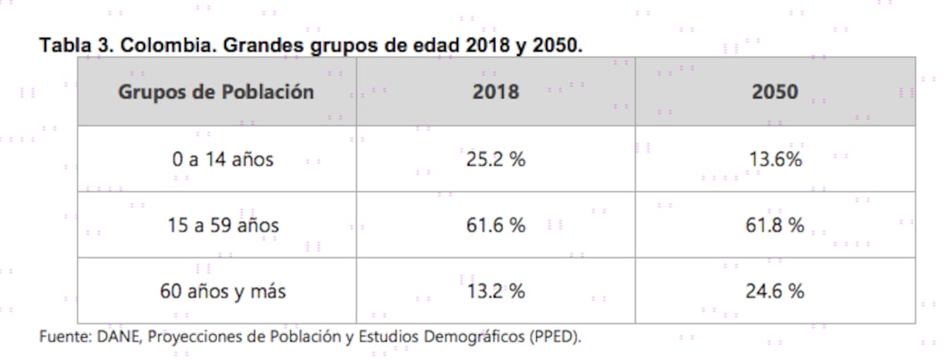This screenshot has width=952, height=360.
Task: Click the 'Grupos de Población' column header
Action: coord(216,92)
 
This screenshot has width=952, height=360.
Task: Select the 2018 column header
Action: coord(495,92)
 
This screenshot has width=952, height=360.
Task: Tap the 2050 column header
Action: coord(774,92)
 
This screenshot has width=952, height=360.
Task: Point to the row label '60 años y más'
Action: coord(222,292)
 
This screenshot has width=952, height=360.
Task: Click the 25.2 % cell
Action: coord(495,159)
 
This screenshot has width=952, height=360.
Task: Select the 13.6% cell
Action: coord(774,159)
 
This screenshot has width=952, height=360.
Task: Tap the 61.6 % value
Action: coord(495,225)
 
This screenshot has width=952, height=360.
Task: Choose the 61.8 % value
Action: coord(774,225)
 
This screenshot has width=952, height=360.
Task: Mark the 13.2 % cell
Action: coord(495,292)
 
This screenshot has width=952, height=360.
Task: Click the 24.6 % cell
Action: coord(774,292)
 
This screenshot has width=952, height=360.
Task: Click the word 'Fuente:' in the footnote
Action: coord(65,336)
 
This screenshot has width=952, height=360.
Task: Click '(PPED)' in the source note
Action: coord(556,336)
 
